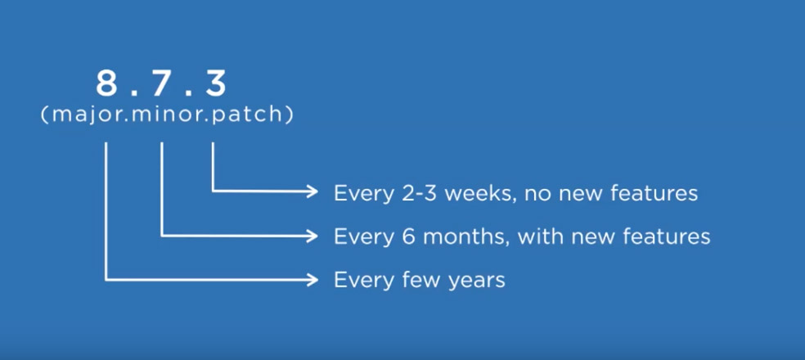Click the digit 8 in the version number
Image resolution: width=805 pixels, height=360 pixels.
(107, 84)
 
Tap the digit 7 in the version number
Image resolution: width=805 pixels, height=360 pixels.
(160, 84)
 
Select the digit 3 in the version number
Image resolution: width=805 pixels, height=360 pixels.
(216, 84)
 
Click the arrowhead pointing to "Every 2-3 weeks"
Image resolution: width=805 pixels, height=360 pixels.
(313, 191)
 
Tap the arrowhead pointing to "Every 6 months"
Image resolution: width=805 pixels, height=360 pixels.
(313, 236)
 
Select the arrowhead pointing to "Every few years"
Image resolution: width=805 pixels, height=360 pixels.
(313, 280)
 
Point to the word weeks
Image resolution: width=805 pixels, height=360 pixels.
(474, 193)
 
